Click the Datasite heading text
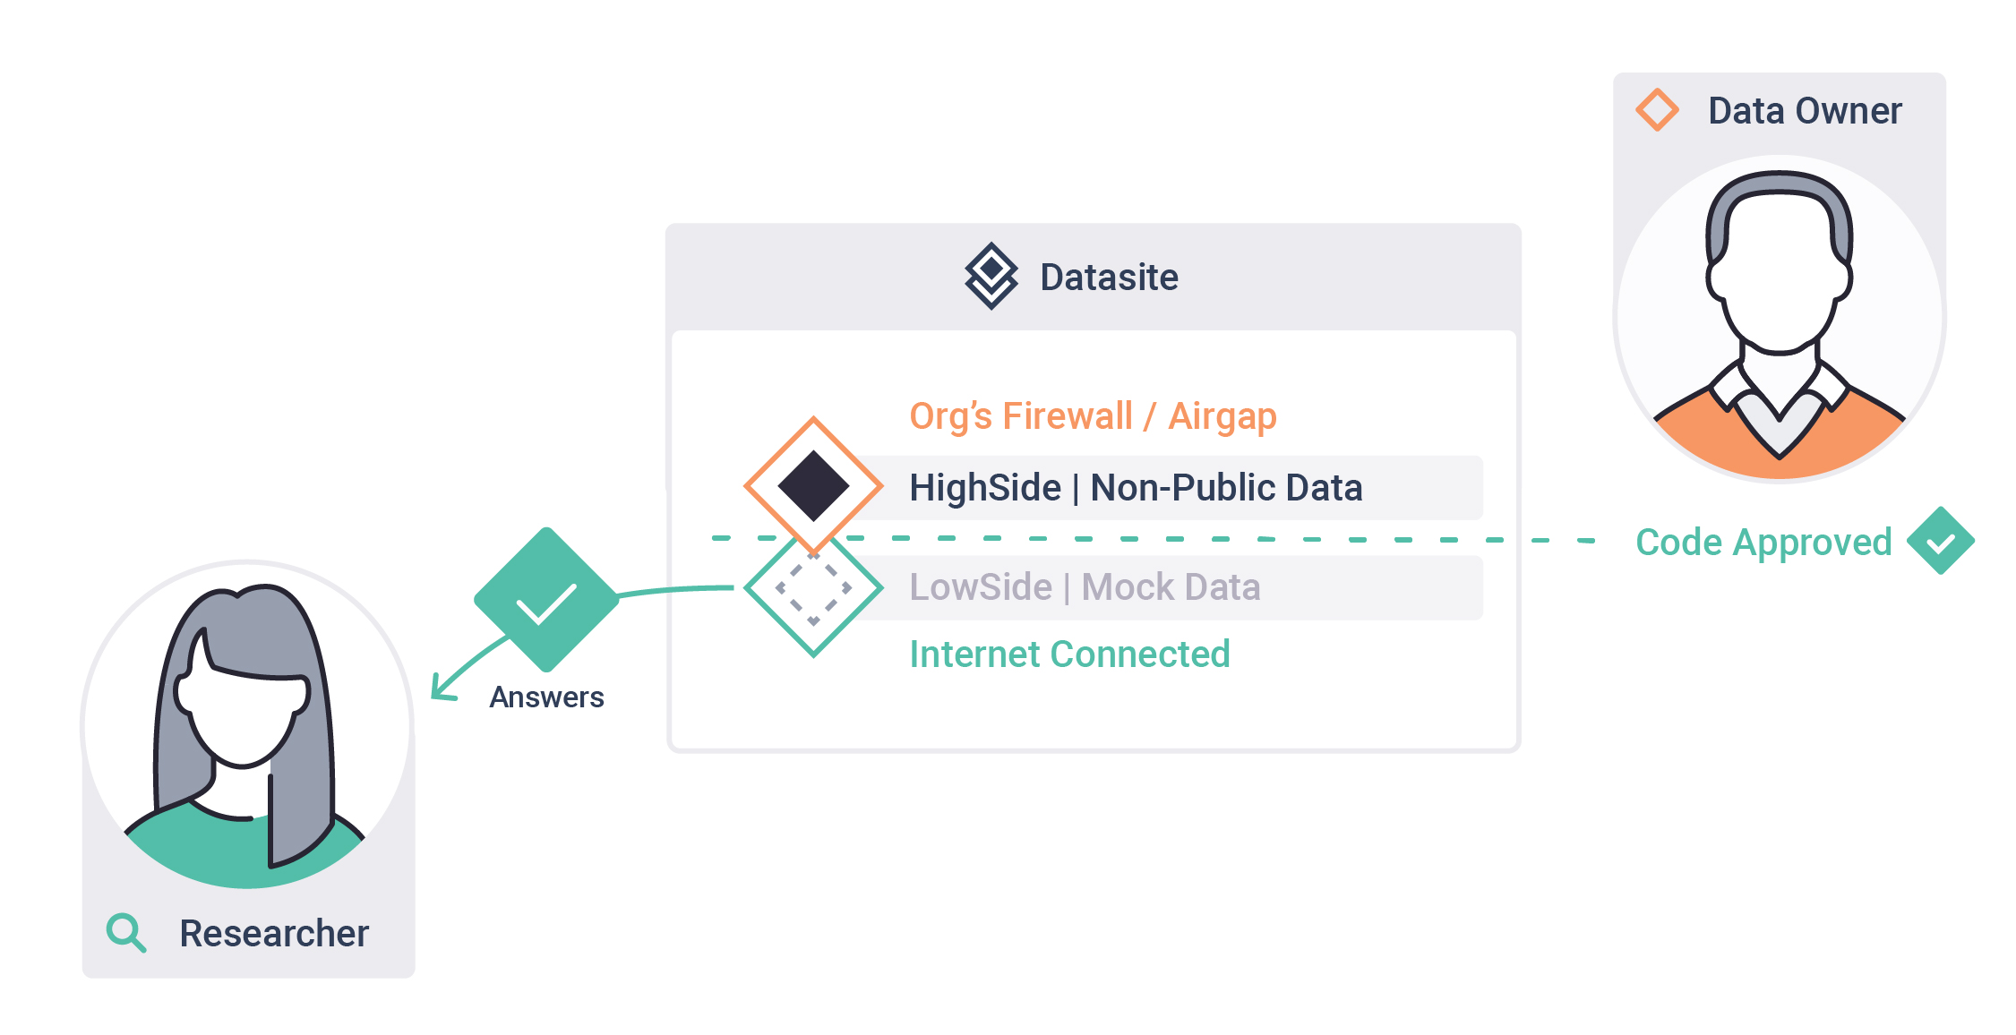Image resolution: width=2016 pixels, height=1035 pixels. pos(1109,278)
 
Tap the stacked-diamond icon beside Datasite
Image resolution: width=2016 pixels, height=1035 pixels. pos(991,276)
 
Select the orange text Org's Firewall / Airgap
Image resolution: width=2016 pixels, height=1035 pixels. pos(1093,417)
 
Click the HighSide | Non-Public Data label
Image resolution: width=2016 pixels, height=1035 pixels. pos(1136,488)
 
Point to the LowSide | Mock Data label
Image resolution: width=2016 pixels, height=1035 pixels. pos(1085,587)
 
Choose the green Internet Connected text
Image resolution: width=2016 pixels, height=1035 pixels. pos(1069,654)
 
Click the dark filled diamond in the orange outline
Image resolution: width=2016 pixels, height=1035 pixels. pos(813,486)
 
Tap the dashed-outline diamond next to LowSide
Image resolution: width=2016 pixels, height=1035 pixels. pos(813,588)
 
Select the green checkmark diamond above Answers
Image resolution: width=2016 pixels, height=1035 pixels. pos(546,600)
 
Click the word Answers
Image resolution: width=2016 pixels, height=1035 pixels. pos(546,697)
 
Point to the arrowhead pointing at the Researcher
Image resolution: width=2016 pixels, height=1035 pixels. pos(442,688)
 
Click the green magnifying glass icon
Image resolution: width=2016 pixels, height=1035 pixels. pos(125,932)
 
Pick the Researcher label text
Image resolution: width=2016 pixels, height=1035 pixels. pos(274,934)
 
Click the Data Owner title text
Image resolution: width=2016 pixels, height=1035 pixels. pos(1805,111)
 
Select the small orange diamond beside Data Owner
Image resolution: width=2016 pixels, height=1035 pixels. pos(1658,110)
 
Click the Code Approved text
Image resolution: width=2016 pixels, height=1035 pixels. pos(1763,543)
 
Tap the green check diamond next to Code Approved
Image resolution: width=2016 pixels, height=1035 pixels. pos(1941,541)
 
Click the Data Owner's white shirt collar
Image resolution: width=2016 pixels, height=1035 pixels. pos(1779,402)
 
